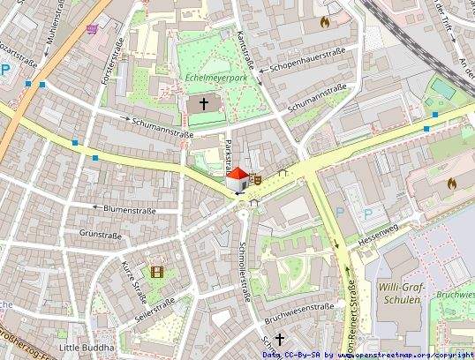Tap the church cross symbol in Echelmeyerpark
(x=205, y=104)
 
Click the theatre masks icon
(x=259, y=177)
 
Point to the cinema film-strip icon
(x=157, y=272)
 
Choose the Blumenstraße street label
(x=130, y=209)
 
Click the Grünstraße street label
(x=101, y=235)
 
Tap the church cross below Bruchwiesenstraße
(x=280, y=339)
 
